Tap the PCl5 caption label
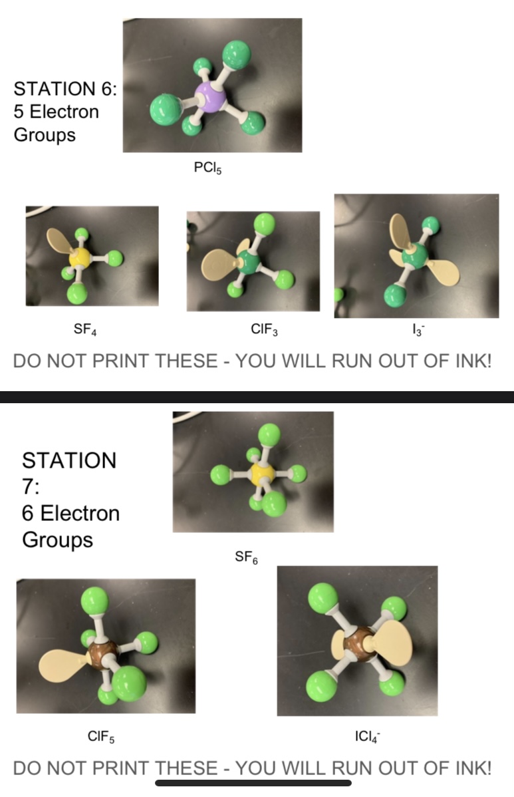point(207,168)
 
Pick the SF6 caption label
point(246,558)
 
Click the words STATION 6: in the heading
point(65,88)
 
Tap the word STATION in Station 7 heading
point(69,460)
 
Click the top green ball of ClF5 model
point(94,601)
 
